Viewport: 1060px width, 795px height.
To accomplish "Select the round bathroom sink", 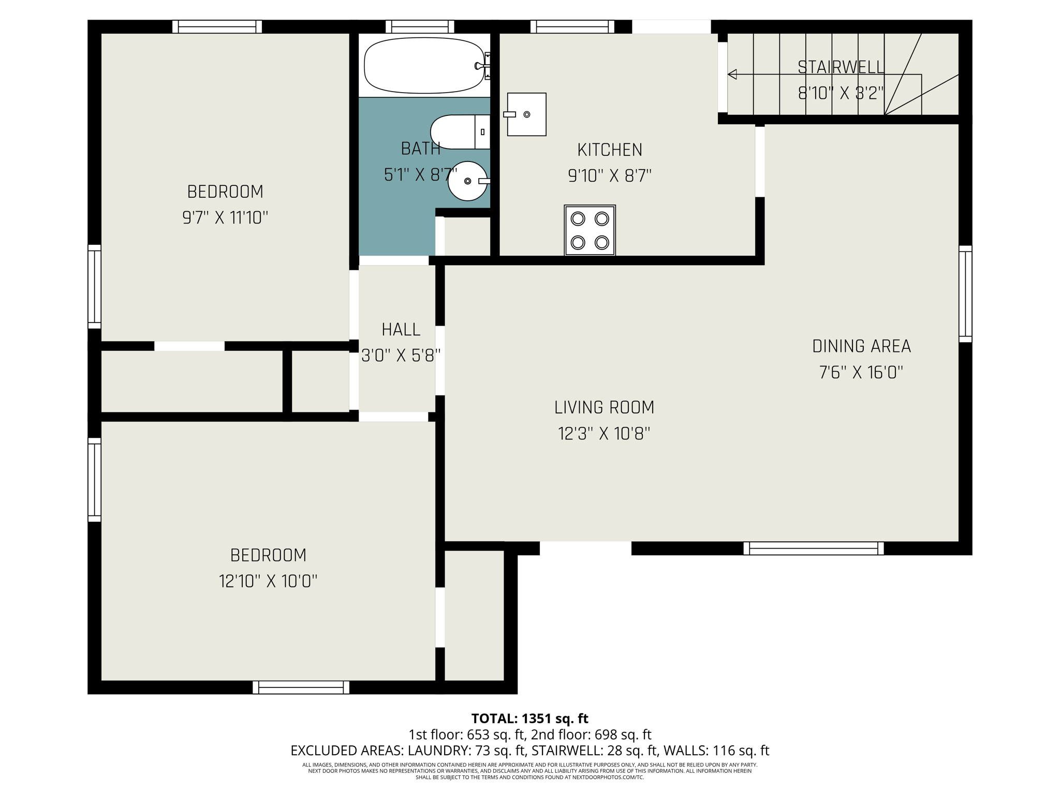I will click(x=467, y=181).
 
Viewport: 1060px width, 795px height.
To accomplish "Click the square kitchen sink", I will click(x=526, y=114).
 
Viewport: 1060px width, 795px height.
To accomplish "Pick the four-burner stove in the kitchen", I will click(x=590, y=230).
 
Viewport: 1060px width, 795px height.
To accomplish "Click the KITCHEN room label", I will click(x=609, y=150).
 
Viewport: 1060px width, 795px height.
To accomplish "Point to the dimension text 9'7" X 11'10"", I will click(x=225, y=218).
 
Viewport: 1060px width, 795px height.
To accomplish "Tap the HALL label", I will click(x=401, y=330).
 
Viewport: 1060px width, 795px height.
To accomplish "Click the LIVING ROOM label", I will click(x=604, y=408).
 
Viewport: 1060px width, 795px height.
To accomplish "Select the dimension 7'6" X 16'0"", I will click(x=861, y=373).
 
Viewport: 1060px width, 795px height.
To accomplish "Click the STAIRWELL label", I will click(x=841, y=67).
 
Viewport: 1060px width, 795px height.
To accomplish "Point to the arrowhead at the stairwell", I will click(x=732, y=75).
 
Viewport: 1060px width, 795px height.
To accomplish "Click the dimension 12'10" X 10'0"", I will click(x=268, y=582).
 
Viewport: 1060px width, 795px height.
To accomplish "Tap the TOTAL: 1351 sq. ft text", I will click(x=529, y=718).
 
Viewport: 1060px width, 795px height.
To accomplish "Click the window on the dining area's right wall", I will click(x=965, y=293).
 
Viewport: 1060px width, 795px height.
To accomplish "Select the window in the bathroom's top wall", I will click(x=420, y=26).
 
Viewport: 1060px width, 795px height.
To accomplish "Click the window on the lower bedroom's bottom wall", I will click(x=301, y=687).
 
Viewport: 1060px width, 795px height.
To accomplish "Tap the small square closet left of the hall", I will click(x=320, y=381).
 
